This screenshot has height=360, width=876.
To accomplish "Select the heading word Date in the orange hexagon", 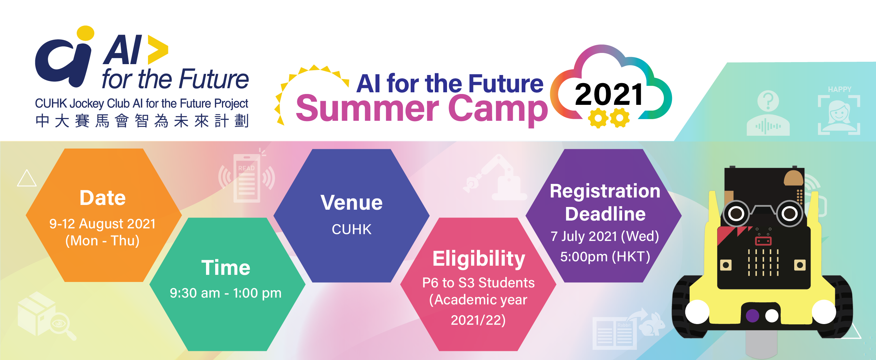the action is (102, 198).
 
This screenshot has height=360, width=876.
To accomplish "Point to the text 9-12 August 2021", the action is (102, 224).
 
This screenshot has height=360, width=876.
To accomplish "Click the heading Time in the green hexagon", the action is (226, 267).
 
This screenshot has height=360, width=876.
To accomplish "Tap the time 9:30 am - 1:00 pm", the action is (226, 293).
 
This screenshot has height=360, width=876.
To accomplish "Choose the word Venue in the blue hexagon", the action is (352, 203).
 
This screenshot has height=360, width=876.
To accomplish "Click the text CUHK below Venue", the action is (352, 229).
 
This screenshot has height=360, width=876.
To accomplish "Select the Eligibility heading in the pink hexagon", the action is (479, 259).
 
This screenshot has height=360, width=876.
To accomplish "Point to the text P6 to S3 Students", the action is (479, 283).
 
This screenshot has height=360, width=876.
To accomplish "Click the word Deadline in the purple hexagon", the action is (605, 214).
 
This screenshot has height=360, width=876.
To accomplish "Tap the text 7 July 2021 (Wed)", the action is (605, 236).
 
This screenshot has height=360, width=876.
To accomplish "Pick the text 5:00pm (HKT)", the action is (605, 257).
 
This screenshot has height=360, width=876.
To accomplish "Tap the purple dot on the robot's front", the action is (752, 316).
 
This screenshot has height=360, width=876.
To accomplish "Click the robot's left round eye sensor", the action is (736, 214).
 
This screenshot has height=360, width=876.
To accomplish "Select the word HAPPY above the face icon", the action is (840, 89).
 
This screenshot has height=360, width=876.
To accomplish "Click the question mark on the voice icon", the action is (768, 101).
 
